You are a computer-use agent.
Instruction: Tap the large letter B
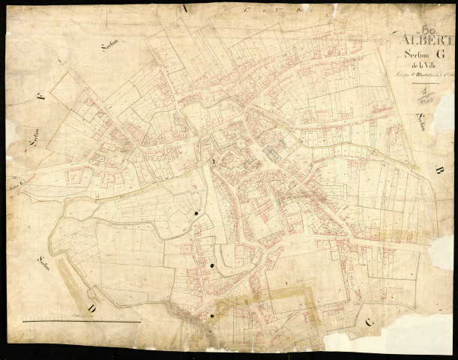pos(439,170)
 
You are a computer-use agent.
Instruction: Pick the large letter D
pos(91,307)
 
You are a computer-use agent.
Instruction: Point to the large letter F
pos(40,96)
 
